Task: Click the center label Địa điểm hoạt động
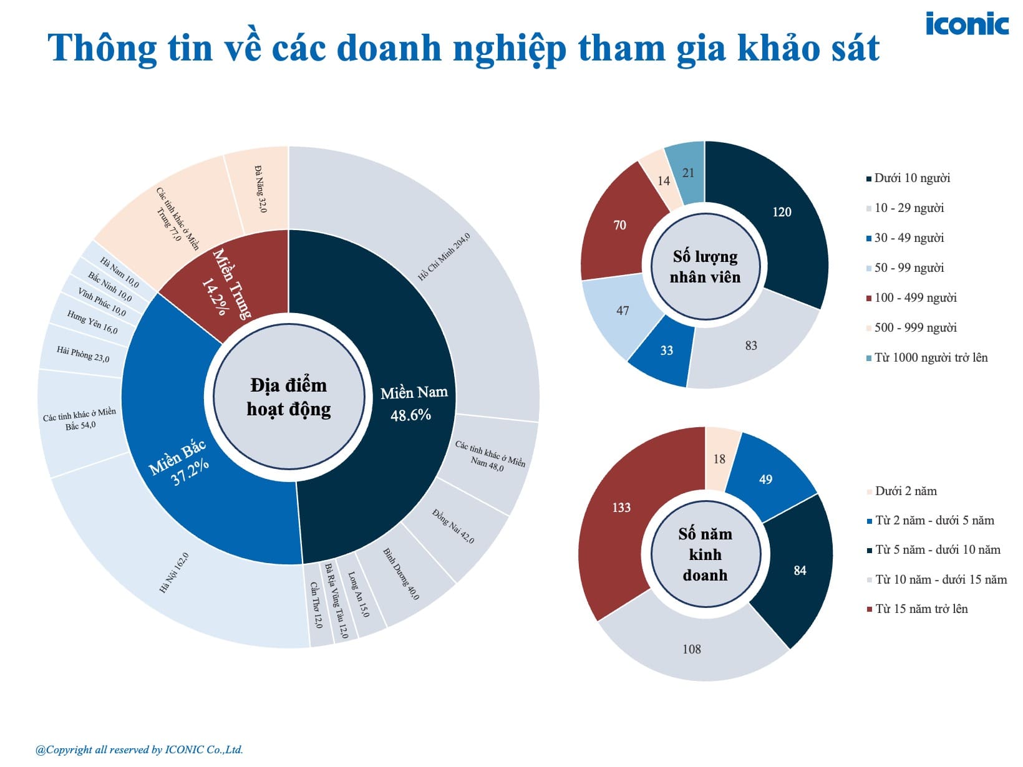[x=289, y=397]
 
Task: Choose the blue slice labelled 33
[x=666, y=350]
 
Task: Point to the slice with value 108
[x=692, y=649]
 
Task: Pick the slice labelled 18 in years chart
[x=719, y=458]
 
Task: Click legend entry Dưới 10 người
[x=911, y=178]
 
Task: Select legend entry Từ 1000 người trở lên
[x=930, y=358]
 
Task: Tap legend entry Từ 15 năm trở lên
[x=921, y=609]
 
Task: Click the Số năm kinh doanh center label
[x=705, y=554]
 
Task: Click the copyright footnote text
[x=139, y=750]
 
